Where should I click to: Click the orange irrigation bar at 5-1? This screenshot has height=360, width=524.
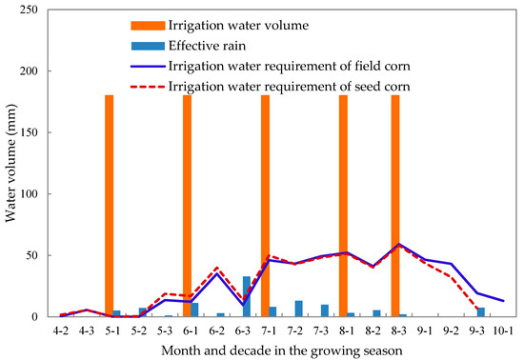109,206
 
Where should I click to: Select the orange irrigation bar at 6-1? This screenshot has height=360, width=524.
187,206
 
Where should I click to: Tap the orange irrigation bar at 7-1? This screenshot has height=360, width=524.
265,206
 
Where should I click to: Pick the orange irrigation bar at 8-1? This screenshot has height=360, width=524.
343,206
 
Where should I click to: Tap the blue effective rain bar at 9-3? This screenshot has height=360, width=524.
481,312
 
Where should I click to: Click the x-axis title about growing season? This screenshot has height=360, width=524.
281,349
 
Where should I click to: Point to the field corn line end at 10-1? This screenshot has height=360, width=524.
502,301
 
